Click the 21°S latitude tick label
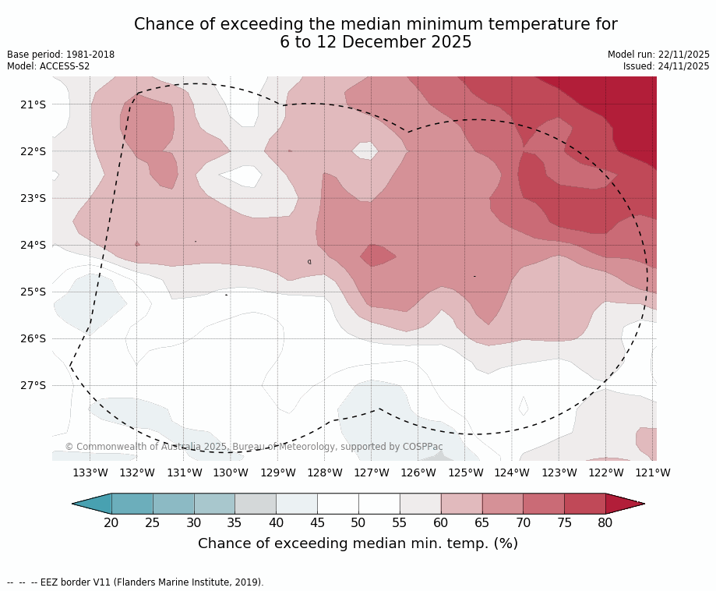point(33,104)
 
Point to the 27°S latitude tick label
point(33,385)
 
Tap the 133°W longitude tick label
point(90,472)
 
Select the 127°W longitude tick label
point(372,472)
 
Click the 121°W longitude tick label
point(652,472)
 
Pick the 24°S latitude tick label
point(33,245)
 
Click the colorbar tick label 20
point(111,522)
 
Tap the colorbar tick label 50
point(358,522)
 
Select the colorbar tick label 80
point(605,522)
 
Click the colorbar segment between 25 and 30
point(173,504)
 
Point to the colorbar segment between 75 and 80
point(584,504)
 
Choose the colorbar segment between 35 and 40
point(256,504)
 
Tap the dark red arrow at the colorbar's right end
point(623,504)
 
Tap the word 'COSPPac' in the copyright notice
point(422,447)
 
